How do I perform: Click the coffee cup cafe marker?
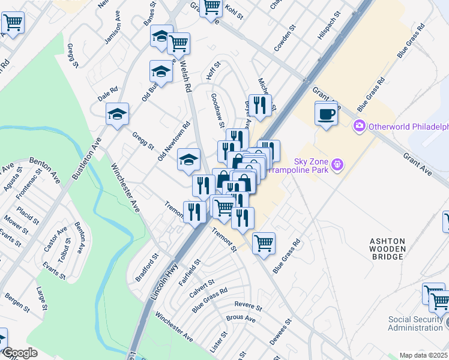(x=326, y=114)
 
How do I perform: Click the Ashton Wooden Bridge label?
(x=387, y=248)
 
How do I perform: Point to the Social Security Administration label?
(x=415, y=323)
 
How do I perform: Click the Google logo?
(x=19, y=353)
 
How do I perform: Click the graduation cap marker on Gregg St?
(x=118, y=114)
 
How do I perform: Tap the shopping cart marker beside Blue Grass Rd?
(x=264, y=244)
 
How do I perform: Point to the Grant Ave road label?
(x=417, y=164)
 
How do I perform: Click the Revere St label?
(x=249, y=306)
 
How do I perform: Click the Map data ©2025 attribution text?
(x=423, y=355)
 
